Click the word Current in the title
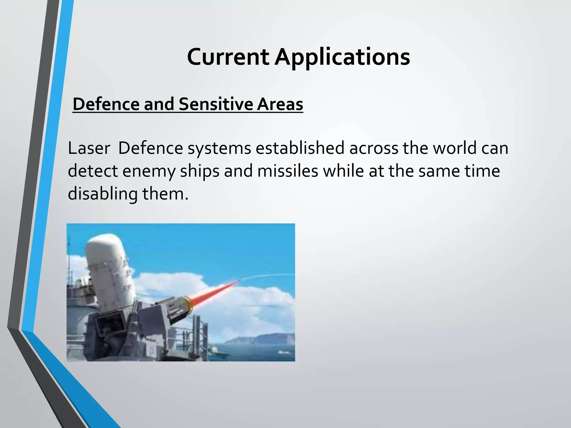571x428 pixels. (228, 57)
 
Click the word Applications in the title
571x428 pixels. (342, 57)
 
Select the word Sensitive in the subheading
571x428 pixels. (215, 104)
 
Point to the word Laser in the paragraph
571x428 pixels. (89, 148)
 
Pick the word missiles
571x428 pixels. (287, 171)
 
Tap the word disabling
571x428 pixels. (102, 194)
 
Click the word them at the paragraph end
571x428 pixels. (165, 194)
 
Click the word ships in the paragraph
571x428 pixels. (200, 171)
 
